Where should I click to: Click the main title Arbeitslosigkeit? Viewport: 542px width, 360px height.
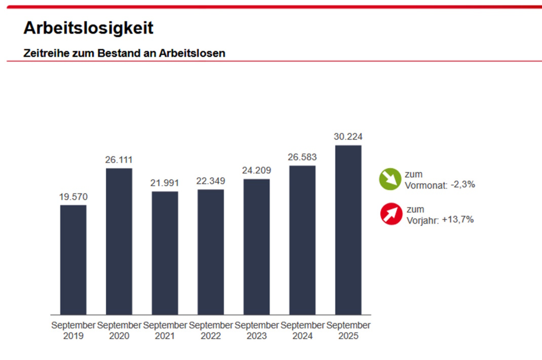[x=88, y=28]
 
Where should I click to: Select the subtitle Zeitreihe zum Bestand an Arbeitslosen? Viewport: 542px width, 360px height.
[x=124, y=53]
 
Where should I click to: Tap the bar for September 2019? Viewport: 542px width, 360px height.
[x=73, y=260]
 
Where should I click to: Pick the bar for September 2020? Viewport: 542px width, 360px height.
[x=119, y=242]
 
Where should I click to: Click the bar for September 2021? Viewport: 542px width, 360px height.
[x=165, y=253]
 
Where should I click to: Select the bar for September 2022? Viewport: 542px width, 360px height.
[x=211, y=252]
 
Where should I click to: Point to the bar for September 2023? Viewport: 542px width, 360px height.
[x=256, y=247]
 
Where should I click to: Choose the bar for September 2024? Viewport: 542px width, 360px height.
[x=302, y=240]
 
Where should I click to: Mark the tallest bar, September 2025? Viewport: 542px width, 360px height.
[x=349, y=230]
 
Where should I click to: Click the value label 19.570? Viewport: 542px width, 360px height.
[x=73, y=197]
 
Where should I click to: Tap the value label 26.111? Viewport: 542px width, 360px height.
[x=119, y=160]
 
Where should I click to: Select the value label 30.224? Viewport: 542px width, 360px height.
[x=349, y=137]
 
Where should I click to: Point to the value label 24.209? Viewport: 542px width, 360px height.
[x=256, y=171]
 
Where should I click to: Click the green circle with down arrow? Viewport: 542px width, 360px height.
[x=390, y=179]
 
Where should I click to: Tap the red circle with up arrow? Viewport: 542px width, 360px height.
[x=391, y=214]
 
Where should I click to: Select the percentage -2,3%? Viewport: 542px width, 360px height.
[x=462, y=185]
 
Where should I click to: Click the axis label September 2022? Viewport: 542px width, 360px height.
[x=211, y=330]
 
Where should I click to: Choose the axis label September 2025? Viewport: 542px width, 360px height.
[x=349, y=330]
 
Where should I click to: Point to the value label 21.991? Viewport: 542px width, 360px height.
[x=165, y=183]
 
